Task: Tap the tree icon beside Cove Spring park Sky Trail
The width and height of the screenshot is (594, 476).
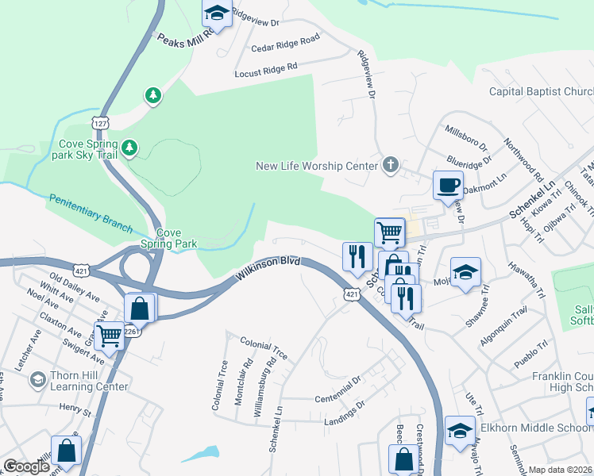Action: pyautogui.click(x=129, y=148)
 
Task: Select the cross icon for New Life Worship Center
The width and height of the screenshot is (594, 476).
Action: pyautogui.click(x=389, y=165)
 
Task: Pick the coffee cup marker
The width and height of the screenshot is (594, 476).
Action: pyautogui.click(x=447, y=185)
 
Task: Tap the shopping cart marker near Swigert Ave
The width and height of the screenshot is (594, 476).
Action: pyautogui.click(x=108, y=336)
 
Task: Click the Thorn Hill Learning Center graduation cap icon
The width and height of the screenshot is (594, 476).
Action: pyautogui.click(x=37, y=381)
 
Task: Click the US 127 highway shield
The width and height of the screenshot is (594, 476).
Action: pyautogui.click(x=100, y=124)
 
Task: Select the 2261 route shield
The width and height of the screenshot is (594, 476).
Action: pyautogui.click(x=132, y=332)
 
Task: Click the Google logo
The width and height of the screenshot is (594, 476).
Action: pyautogui.click(x=26, y=466)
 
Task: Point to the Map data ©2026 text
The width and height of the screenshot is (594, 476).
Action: pyautogui.click(x=560, y=470)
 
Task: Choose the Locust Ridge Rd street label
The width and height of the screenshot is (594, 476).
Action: pyautogui.click(x=265, y=70)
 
